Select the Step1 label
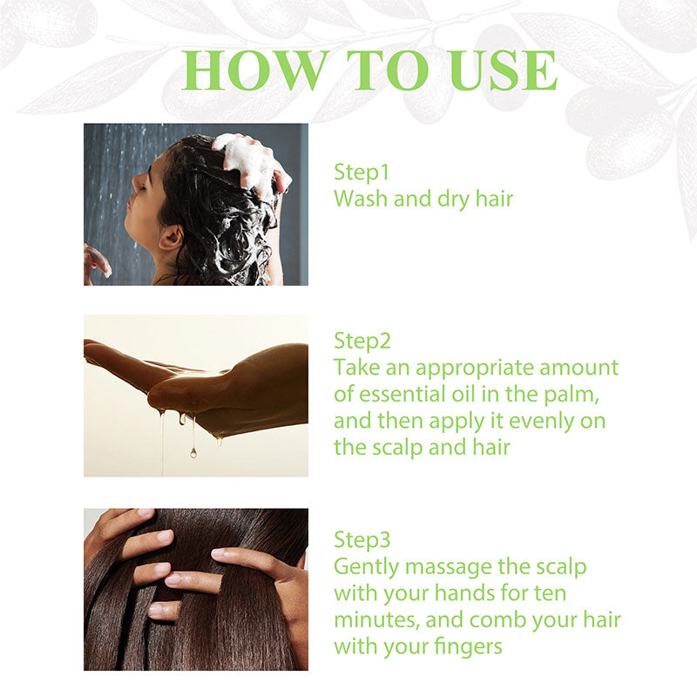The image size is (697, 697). click(362, 172)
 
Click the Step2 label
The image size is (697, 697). click(362, 340)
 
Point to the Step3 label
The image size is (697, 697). click(362, 540)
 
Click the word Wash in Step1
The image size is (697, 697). click(359, 199)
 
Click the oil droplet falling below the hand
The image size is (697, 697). click(193, 450)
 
